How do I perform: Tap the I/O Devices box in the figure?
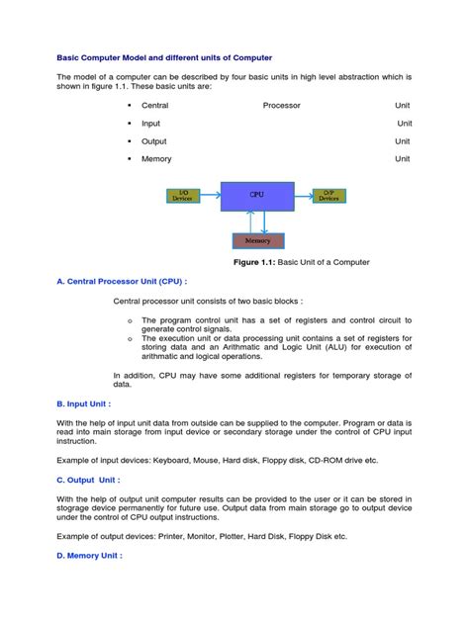183,196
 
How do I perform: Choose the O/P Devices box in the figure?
328,196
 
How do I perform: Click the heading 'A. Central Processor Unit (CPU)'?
122,281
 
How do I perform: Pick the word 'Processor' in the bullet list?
282,105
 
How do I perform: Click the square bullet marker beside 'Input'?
129,124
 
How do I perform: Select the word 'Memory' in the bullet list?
156,159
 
